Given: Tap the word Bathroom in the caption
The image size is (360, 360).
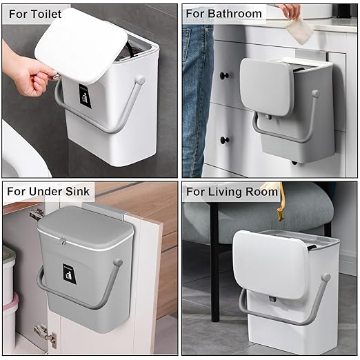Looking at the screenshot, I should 236,14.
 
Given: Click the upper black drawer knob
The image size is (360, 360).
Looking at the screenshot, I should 224,75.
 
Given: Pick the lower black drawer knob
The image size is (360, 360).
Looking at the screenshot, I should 224,140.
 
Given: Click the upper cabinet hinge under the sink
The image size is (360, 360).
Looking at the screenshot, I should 36,214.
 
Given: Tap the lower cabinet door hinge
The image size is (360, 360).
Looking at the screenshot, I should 45,335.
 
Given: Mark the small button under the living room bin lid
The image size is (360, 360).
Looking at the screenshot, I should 273,301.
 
